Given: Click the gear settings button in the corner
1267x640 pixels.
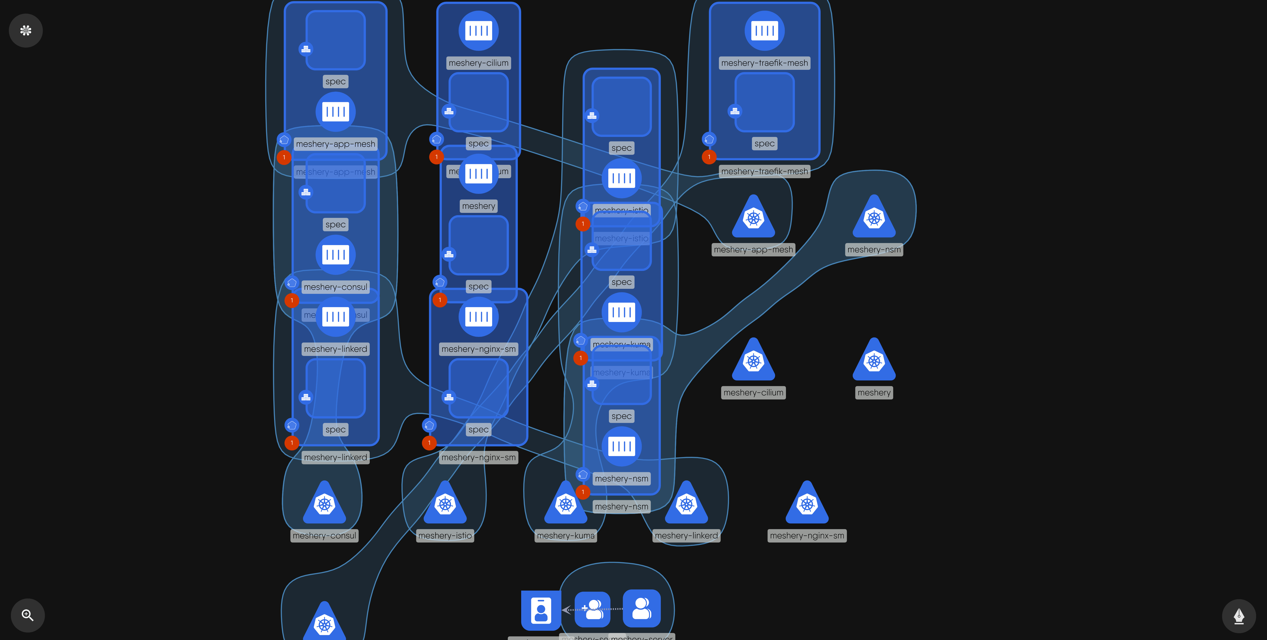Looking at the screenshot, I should (26, 31).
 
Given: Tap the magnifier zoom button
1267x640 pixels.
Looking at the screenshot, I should (28, 615).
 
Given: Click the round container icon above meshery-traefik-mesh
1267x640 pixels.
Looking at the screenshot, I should (764, 31).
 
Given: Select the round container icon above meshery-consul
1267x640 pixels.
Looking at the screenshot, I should (336, 254).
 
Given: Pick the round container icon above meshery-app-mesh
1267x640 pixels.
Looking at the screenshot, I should (336, 112).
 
